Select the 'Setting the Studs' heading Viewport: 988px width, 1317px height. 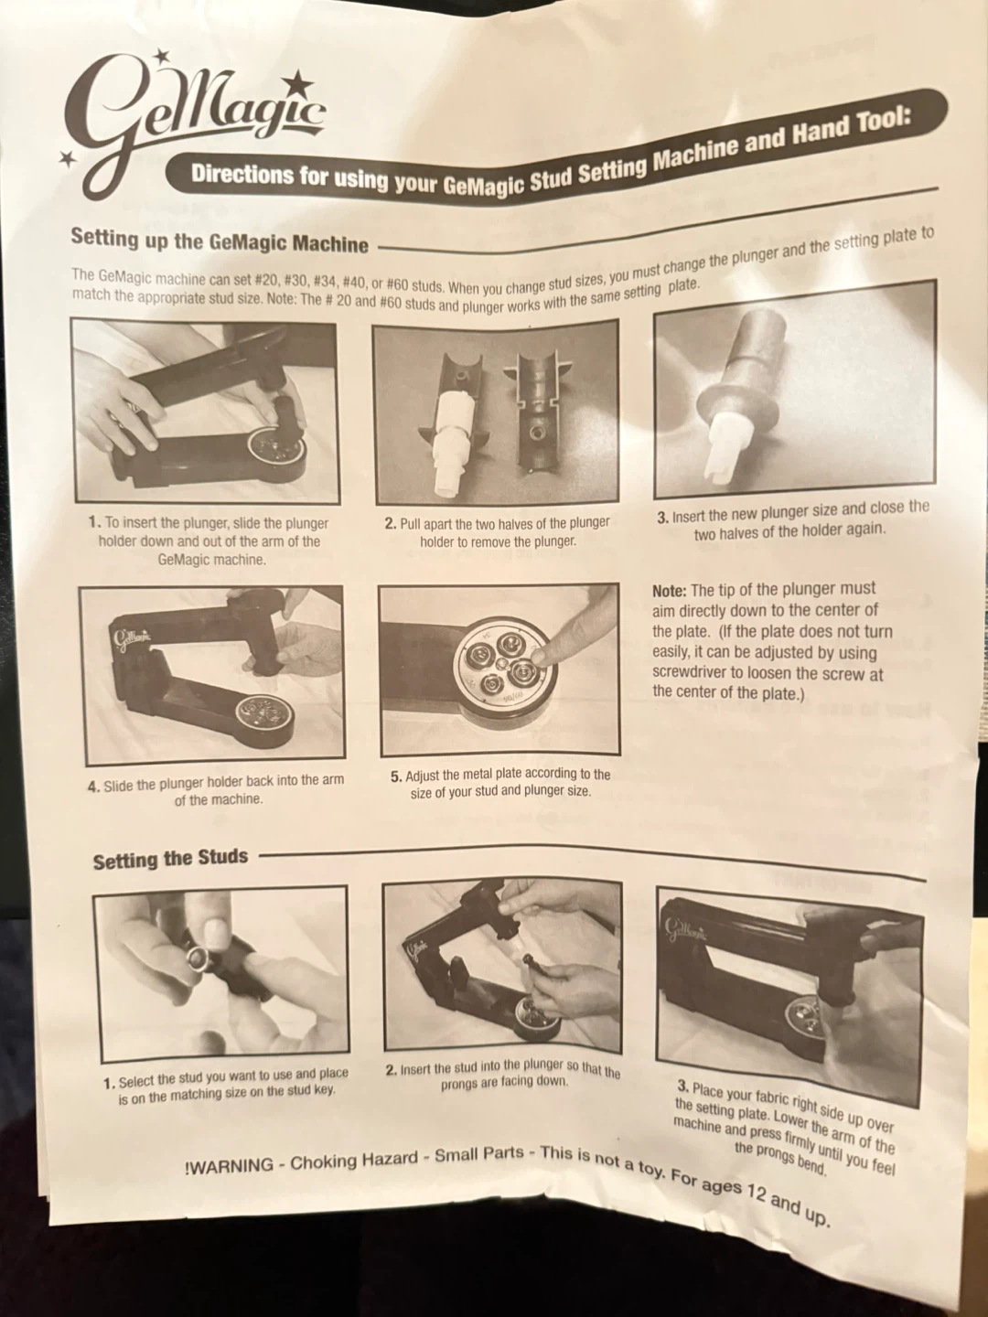coord(170,859)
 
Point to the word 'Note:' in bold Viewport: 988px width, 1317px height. coord(670,590)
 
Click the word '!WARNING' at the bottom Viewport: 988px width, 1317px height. coord(229,1166)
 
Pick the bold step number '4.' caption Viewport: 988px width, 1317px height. coord(93,786)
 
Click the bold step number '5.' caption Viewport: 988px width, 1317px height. coord(396,776)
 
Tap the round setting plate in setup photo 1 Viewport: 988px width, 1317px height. coord(277,453)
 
